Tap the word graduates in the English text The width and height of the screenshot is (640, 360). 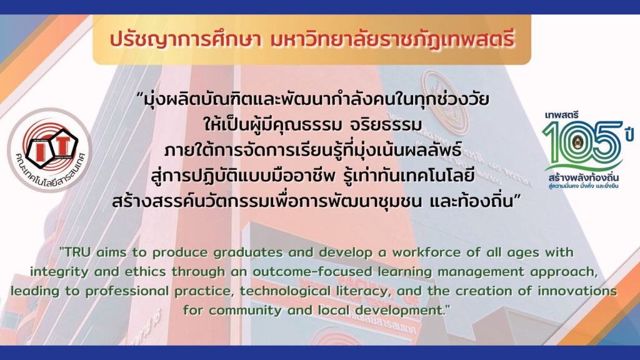[x=248, y=252]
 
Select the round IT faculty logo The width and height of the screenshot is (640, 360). [x=49, y=150]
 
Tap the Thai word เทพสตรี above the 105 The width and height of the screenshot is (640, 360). [x=562, y=115]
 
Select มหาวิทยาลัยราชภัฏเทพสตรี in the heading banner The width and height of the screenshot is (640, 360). [x=392, y=39]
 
